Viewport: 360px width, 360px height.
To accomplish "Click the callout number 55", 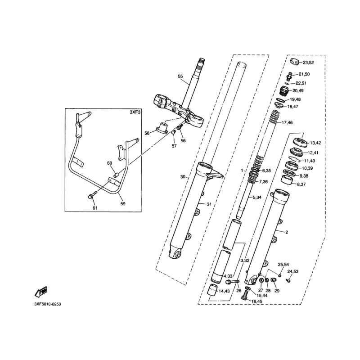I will point(180,77).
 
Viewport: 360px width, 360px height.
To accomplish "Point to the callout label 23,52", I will point(308,63).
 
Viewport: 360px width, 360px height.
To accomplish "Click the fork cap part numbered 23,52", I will point(294,61).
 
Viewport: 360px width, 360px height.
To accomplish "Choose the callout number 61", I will point(94,208).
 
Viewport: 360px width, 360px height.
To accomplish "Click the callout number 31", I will point(209,205).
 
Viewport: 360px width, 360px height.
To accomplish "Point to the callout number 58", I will point(147,133).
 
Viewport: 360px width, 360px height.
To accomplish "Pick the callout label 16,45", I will point(257,301).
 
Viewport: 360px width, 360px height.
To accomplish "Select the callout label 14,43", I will point(224,292).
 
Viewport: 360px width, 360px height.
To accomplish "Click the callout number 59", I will point(123,203).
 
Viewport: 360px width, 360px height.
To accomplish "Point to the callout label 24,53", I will point(293,272).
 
